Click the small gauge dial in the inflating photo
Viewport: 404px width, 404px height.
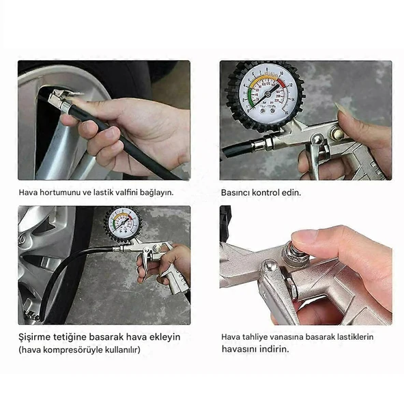123,224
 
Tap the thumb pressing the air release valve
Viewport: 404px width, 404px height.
304,237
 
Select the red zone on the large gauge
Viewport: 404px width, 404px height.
282,83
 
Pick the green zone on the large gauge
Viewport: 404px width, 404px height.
251,98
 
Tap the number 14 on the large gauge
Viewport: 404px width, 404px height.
293,100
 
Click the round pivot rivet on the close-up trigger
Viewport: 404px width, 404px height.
270,265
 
